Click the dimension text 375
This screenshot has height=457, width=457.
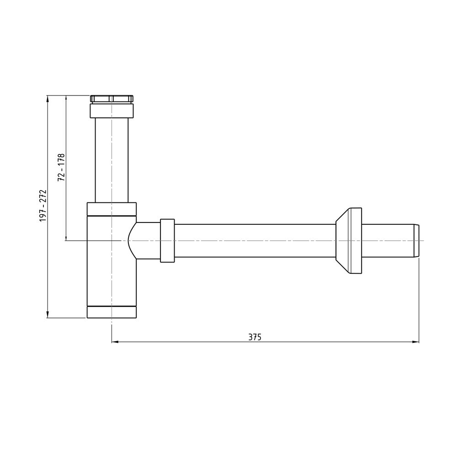pos(255,337)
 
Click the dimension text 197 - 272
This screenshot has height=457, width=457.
pos(43,206)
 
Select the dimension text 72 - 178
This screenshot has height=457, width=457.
pos(61,168)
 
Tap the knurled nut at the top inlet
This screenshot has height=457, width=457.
pos(112,98)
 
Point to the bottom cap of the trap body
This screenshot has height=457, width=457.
pos(112,312)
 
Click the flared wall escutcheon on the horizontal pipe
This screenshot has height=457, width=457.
pos(349,241)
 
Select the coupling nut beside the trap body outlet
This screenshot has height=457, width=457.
pos(167,241)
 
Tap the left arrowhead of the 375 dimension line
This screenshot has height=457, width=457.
pos(115,341)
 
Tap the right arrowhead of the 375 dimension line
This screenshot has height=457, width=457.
pos(416,341)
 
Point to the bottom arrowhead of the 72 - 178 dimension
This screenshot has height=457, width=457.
pos(66,237)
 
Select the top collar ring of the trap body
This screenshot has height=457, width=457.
pos(112,208)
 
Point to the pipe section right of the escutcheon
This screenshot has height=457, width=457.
pos(388,241)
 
